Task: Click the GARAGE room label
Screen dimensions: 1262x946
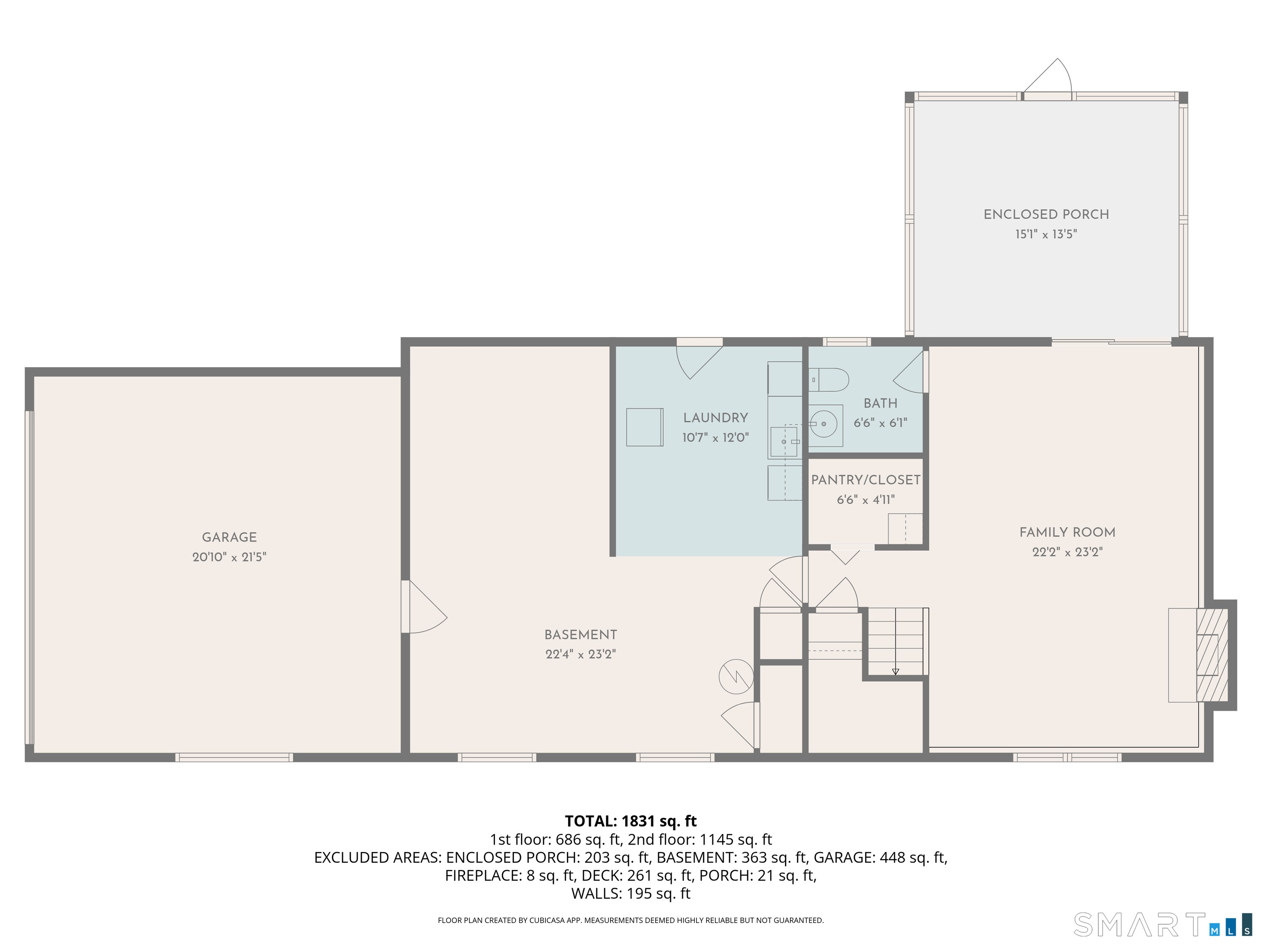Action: coord(229,537)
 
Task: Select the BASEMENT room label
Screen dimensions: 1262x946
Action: coord(581,635)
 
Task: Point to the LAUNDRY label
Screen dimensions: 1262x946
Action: coord(716,418)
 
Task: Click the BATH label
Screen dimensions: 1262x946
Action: coord(880,403)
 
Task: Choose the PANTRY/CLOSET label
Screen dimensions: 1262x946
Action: coord(866,480)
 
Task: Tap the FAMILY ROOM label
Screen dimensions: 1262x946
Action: coord(1067,533)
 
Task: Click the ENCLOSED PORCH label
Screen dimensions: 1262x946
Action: coord(1046,214)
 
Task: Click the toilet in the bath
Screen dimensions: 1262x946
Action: coord(829,380)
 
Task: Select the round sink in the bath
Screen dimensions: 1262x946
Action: coord(823,424)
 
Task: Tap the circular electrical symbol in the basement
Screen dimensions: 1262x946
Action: coord(736,677)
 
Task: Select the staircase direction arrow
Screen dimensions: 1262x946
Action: coord(895,671)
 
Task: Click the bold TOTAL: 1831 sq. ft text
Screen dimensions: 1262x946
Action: coord(631,821)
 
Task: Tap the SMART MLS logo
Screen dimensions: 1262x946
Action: coord(1163,924)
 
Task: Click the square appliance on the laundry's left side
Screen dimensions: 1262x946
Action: coord(645,427)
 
